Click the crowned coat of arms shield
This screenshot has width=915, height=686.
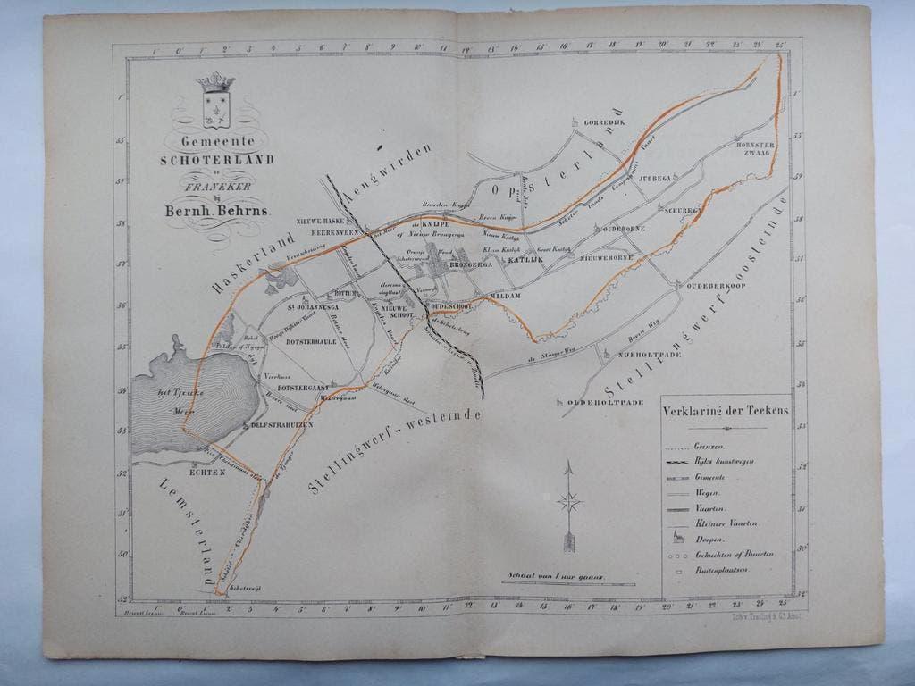pyautogui.click(x=215, y=105)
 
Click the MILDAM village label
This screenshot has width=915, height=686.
pyautogui.click(x=504, y=294)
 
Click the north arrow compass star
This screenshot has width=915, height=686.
pyautogui.click(x=569, y=502)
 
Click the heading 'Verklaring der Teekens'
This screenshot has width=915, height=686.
pyautogui.click(x=725, y=413)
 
